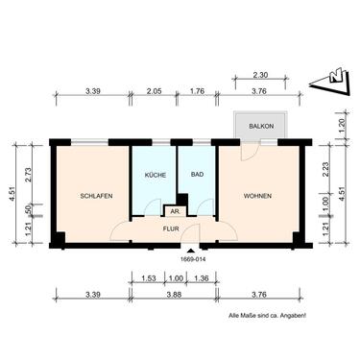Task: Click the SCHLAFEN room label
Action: pyautogui.click(x=97, y=196)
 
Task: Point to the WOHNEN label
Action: pyautogui.click(x=256, y=196)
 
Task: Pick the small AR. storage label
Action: pyautogui.click(x=176, y=210)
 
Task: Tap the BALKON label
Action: pyautogui.click(x=260, y=126)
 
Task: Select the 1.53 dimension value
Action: pyautogui.click(x=148, y=278)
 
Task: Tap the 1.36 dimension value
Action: pyautogui.click(x=202, y=278)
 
